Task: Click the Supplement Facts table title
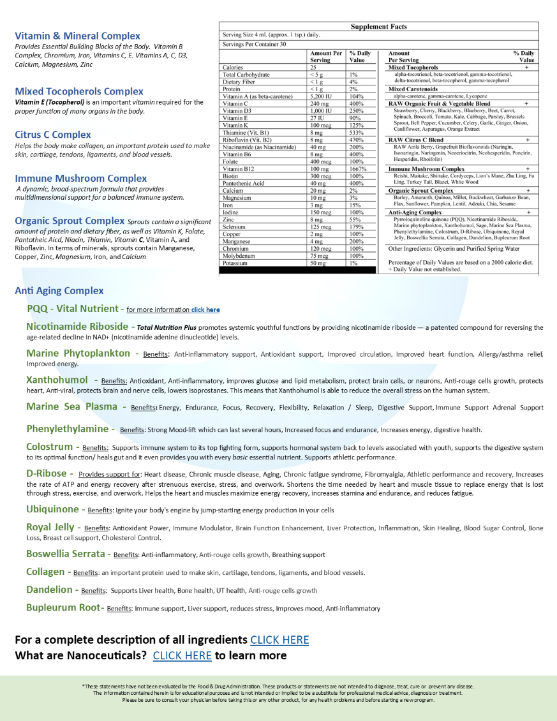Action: click(x=378, y=27)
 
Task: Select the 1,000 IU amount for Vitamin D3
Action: click(x=323, y=111)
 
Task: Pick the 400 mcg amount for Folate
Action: click(x=322, y=161)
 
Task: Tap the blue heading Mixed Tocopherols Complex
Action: click(x=79, y=92)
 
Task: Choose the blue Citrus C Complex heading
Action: click(x=53, y=135)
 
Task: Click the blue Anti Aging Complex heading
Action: click(x=59, y=291)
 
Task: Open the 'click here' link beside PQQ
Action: click(x=205, y=310)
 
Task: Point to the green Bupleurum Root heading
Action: click(x=63, y=607)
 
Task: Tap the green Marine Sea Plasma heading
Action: click(x=72, y=406)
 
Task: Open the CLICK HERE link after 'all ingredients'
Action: click(x=279, y=640)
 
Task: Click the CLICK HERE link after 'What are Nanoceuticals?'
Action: click(x=182, y=655)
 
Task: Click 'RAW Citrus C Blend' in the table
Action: click(x=415, y=140)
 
